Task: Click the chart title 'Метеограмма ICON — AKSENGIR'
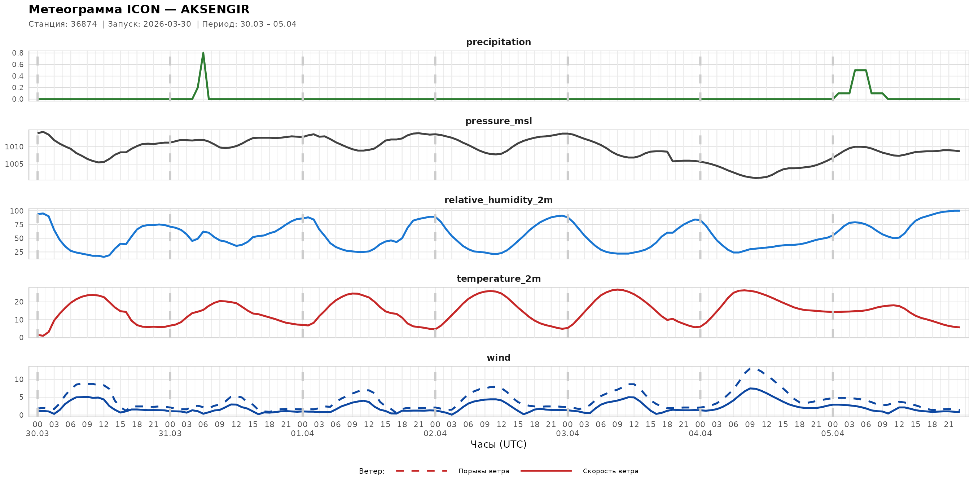point(139,9)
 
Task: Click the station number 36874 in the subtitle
point(84,24)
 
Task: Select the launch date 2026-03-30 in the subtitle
point(167,24)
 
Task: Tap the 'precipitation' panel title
point(498,42)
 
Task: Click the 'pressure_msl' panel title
point(498,121)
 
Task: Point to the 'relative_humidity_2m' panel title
point(498,200)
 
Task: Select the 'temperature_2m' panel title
point(498,278)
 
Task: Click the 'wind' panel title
point(498,358)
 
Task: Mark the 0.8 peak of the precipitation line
point(203,53)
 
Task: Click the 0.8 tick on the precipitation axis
point(18,53)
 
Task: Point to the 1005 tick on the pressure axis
point(14,164)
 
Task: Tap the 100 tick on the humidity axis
point(16,211)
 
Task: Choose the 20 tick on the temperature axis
point(19,302)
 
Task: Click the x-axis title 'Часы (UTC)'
point(498,444)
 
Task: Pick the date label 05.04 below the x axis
point(832,434)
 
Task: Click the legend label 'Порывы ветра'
point(483,471)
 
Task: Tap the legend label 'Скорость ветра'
point(610,471)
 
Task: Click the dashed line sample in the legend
point(422,471)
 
